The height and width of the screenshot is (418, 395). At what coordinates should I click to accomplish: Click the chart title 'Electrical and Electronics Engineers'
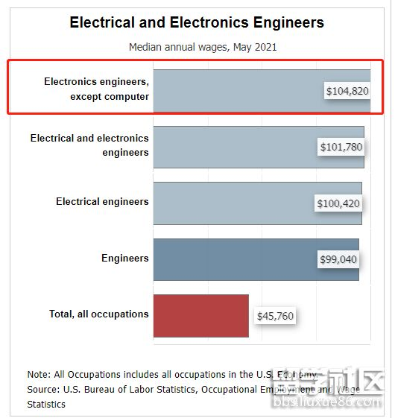[x=197, y=22]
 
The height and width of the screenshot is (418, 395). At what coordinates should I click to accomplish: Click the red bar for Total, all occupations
[x=200, y=315]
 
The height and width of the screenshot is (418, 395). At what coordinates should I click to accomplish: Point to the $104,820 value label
[x=347, y=91]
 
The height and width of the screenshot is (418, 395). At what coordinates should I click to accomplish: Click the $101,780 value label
[x=341, y=147]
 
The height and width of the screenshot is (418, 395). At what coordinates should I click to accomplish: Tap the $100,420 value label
[x=338, y=203]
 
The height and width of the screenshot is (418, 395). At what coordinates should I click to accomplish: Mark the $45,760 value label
[x=275, y=316]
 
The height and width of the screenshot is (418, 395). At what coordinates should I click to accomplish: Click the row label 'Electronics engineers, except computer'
[x=96, y=89]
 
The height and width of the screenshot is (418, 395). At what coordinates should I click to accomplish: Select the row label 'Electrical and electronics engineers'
[x=89, y=145]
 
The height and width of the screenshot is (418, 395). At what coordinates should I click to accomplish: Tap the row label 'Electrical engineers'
[x=102, y=201]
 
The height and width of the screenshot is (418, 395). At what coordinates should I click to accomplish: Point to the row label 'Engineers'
[x=125, y=258]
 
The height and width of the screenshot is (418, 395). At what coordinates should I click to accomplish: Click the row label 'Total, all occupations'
[x=99, y=314]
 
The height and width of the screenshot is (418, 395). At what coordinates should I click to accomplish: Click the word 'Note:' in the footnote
[x=39, y=374]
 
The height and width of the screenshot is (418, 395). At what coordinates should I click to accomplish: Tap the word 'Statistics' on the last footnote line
[x=46, y=404]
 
